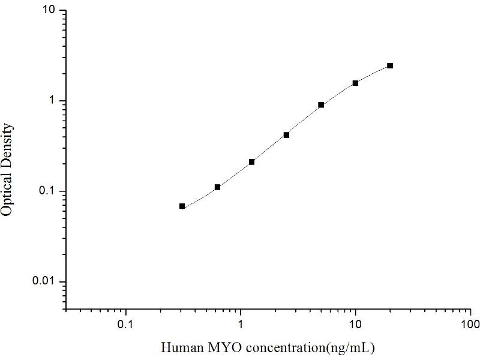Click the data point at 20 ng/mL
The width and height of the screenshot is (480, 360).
390,65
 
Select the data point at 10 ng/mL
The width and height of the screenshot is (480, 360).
355,83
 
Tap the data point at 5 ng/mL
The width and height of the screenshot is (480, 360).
321,105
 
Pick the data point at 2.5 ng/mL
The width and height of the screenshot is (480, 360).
286,135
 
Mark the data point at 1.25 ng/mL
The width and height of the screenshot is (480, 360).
251,162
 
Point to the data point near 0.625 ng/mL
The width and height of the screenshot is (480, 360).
217,187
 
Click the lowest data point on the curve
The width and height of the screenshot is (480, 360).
182,206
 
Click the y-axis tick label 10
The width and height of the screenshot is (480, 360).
49,11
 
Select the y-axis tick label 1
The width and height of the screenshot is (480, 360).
53,101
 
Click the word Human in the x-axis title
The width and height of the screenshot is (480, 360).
179,347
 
